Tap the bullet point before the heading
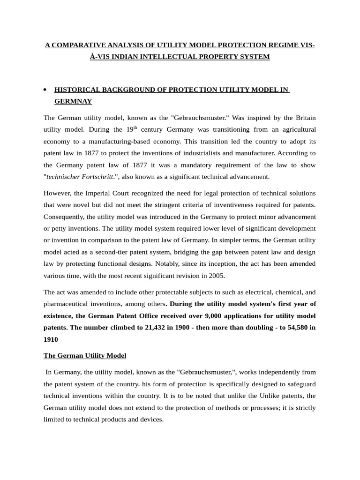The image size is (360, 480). coord(45,90)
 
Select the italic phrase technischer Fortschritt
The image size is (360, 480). coord(80,177)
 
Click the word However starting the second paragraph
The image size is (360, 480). coord(58,193)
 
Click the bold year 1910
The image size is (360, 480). coord(51,339)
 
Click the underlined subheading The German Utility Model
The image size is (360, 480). coord(85,355)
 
